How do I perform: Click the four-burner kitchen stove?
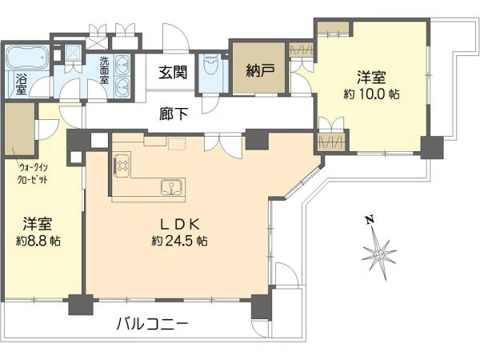122,166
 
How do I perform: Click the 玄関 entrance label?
173,73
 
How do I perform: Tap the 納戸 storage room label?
260,71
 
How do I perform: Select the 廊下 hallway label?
174,114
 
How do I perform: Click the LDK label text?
180,225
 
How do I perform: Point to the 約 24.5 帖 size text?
180,241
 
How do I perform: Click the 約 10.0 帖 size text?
371,94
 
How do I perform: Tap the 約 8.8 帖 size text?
38,241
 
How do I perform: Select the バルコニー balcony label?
151,324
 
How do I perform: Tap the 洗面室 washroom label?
104,70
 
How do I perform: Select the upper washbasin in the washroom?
122,65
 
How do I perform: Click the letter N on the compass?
370,220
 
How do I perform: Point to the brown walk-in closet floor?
19,129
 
